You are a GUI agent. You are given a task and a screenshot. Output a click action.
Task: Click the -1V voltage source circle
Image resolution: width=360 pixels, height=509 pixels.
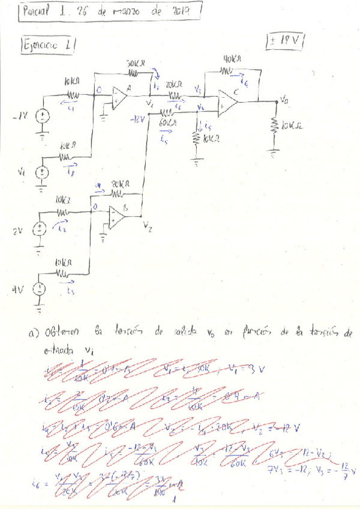click(x=43, y=116)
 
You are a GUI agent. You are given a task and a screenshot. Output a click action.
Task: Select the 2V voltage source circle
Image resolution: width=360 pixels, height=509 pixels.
click(x=39, y=227)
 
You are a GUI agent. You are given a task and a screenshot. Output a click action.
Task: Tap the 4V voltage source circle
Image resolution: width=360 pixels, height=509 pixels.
click(x=39, y=289)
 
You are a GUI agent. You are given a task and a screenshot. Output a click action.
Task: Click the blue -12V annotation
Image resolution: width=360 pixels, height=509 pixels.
click(x=137, y=119)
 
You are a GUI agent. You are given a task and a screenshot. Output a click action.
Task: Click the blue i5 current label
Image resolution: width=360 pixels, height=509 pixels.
click(x=164, y=137)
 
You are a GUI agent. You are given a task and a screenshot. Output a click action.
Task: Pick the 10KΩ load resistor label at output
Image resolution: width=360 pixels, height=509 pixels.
click(x=292, y=125)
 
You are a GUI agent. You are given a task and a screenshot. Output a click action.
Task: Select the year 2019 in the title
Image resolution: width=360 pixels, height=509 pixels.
click(x=184, y=11)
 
